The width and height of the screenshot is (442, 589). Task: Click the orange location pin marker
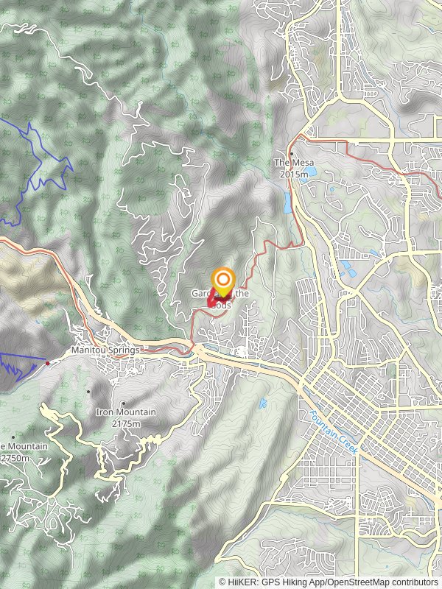pyautogui.click(x=223, y=281)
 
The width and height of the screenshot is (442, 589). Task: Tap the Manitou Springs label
pyautogui.click(x=105, y=350)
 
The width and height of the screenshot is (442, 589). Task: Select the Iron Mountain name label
pyautogui.click(x=125, y=412)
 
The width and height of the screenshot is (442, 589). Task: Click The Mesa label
pyautogui.click(x=290, y=163)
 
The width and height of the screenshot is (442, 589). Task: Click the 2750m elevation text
pyautogui.click(x=16, y=458)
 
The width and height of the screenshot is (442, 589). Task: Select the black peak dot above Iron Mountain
pyautogui.click(x=124, y=403)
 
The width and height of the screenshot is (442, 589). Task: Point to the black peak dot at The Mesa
pyautogui.click(x=291, y=154)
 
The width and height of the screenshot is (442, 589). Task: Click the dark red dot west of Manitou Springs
pyautogui.click(x=48, y=363)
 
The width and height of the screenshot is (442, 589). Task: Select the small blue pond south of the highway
pyautogui.click(x=263, y=403)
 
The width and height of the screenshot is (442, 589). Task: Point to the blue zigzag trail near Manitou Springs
pyautogui.click(x=18, y=364)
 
